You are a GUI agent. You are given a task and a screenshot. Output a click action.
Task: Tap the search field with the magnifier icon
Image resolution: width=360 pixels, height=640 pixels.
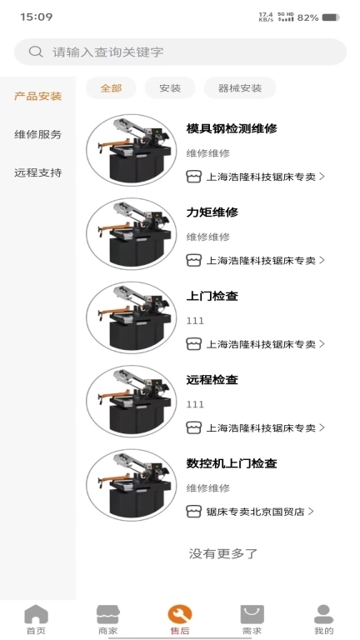click(180, 52)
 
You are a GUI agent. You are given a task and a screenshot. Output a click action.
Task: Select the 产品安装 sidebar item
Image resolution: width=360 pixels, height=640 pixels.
click(37, 96)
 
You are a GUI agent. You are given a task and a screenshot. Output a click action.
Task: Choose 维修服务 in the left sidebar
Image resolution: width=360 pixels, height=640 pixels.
click(37, 134)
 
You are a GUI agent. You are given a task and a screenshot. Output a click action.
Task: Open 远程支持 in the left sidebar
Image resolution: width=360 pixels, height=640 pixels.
click(37, 172)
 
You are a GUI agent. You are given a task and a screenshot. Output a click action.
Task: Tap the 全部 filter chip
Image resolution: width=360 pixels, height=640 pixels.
click(111, 87)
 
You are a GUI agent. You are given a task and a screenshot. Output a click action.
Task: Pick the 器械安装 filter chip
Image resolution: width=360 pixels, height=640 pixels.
click(239, 87)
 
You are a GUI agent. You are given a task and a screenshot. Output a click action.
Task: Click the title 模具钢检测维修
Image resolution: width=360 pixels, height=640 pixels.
click(232, 129)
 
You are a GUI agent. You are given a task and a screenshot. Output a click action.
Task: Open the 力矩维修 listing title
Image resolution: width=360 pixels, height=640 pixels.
click(212, 212)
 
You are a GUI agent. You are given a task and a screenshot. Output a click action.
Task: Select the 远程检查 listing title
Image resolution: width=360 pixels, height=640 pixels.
click(212, 379)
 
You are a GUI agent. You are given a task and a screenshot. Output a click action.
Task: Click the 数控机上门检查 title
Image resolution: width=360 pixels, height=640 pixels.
click(232, 463)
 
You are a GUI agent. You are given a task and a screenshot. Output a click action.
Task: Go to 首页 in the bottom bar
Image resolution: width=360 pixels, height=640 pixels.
click(36, 619)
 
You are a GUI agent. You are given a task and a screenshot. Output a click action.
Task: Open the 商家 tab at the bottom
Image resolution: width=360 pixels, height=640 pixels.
click(107, 619)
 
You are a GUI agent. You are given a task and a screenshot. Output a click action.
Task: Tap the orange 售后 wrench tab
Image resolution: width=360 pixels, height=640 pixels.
click(179, 619)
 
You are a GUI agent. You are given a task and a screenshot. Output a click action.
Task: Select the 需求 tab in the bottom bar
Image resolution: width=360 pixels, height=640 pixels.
click(252, 619)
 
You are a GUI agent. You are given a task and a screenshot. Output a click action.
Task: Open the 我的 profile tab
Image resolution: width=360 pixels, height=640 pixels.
click(323, 619)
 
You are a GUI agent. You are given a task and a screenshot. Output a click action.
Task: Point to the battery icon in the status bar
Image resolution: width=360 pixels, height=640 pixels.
click(331, 17)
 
